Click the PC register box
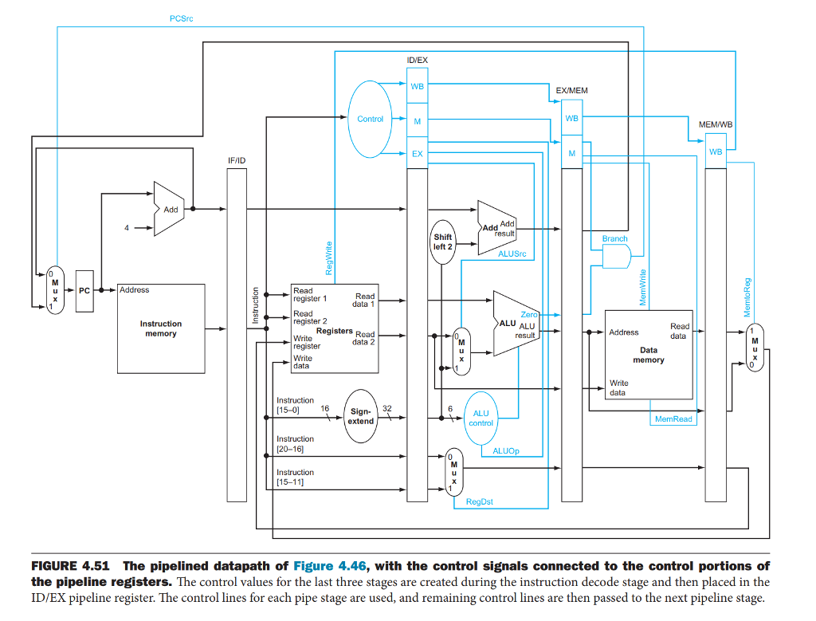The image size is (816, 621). click(x=84, y=291)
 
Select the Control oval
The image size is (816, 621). click(x=371, y=119)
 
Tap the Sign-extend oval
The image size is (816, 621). click(x=361, y=416)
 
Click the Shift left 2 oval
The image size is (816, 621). click(x=443, y=242)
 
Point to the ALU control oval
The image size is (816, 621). click(x=481, y=418)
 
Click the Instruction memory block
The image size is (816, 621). click(x=161, y=328)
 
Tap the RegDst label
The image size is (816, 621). click(x=478, y=501)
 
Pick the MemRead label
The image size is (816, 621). click(x=673, y=419)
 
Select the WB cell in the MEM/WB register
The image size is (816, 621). click(x=716, y=151)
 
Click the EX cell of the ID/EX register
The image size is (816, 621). click(x=418, y=153)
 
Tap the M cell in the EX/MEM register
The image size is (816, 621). click(x=571, y=153)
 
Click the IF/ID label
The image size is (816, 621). click(x=237, y=160)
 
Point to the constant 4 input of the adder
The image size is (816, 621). click(x=126, y=228)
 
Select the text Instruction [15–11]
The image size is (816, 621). click(x=295, y=477)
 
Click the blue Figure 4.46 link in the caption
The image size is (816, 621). click(x=329, y=566)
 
